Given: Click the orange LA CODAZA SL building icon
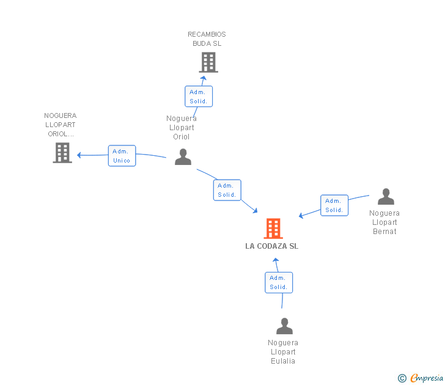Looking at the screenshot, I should tap(273, 229).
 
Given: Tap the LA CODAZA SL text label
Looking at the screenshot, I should tap(272, 246).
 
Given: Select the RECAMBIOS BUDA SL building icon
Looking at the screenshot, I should tap(208, 62).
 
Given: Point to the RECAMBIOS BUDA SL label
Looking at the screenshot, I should tap(207, 39).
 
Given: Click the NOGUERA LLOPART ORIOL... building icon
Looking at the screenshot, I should tap(62, 153).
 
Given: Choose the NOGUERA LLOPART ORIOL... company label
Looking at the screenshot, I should tap(61, 125).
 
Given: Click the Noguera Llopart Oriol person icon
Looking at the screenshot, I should tap(183, 157).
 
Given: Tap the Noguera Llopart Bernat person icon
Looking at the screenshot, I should tap(386, 197).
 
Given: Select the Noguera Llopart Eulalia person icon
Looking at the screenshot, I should tap(284, 326).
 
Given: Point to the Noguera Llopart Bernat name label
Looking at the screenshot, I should tap(384, 222).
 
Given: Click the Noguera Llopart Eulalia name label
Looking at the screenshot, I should tap(283, 352).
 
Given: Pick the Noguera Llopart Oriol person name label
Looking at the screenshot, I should tap(182, 128).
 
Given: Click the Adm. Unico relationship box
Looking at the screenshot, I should tap(122, 156).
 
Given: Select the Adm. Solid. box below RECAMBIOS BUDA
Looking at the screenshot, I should tap(199, 97).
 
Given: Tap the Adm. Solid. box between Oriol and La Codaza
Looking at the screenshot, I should tap(227, 190).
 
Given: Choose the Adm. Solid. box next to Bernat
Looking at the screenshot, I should tap(334, 205).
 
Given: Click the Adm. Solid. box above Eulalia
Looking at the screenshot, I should tap(279, 282).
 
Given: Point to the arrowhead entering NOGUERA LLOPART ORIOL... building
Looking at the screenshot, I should tap(79, 155).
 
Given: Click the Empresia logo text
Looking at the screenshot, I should tap(427, 378).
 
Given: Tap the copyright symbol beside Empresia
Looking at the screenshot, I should tap(402, 378).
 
